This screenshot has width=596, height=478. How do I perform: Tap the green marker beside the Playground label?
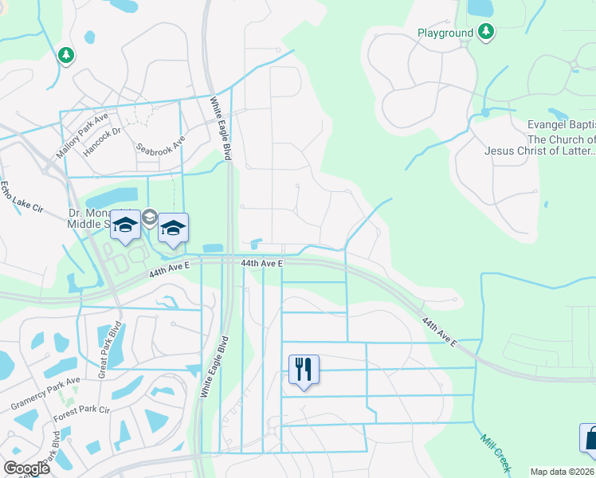pos(486,32)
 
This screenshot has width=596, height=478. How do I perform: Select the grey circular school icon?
pos(149,217)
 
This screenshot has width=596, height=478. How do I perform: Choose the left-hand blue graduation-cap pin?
pos(125,225)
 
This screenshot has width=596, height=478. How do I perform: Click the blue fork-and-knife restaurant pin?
pos(304,369)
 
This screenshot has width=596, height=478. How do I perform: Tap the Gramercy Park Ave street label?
pos(45,394)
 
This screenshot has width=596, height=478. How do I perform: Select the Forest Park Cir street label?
pos(80,410)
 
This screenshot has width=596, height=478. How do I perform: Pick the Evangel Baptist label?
pos(562,125)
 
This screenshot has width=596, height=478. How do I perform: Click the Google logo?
pos(26,468)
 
